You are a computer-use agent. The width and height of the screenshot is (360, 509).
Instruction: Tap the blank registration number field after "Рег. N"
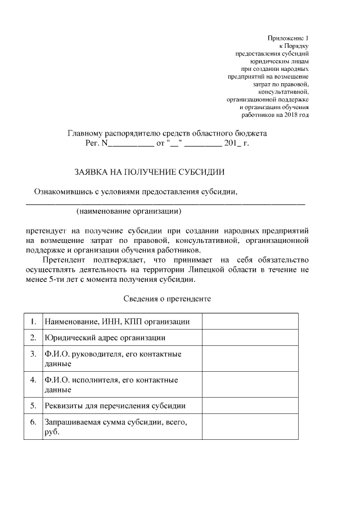pyautogui.click(x=129, y=144)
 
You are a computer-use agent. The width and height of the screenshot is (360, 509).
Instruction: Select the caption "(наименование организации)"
pyautogui.click(x=129, y=211)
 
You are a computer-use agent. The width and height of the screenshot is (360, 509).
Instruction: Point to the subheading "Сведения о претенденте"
pyautogui.click(x=166, y=299)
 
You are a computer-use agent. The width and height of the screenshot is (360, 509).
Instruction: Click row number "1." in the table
pyautogui.click(x=33, y=321)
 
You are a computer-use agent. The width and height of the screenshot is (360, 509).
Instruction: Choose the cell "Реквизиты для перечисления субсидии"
pyautogui.click(x=115, y=405)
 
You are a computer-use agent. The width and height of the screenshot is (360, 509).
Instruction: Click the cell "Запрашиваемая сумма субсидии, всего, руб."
pyautogui.click(x=115, y=426)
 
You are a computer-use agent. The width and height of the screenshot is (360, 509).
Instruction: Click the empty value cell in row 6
pyautogui.click(x=250, y=427)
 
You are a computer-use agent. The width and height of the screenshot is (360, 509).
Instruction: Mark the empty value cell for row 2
pyautogui.click(x=250, y=338)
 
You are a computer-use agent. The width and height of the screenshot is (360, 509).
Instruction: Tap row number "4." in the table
pyautogui.click(x=33, y=380)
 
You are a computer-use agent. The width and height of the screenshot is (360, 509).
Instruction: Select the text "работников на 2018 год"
pyautogui.click(x=275, y=115)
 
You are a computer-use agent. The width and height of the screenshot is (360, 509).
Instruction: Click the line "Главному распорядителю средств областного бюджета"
pyautogui.click(x=167, y=134)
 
